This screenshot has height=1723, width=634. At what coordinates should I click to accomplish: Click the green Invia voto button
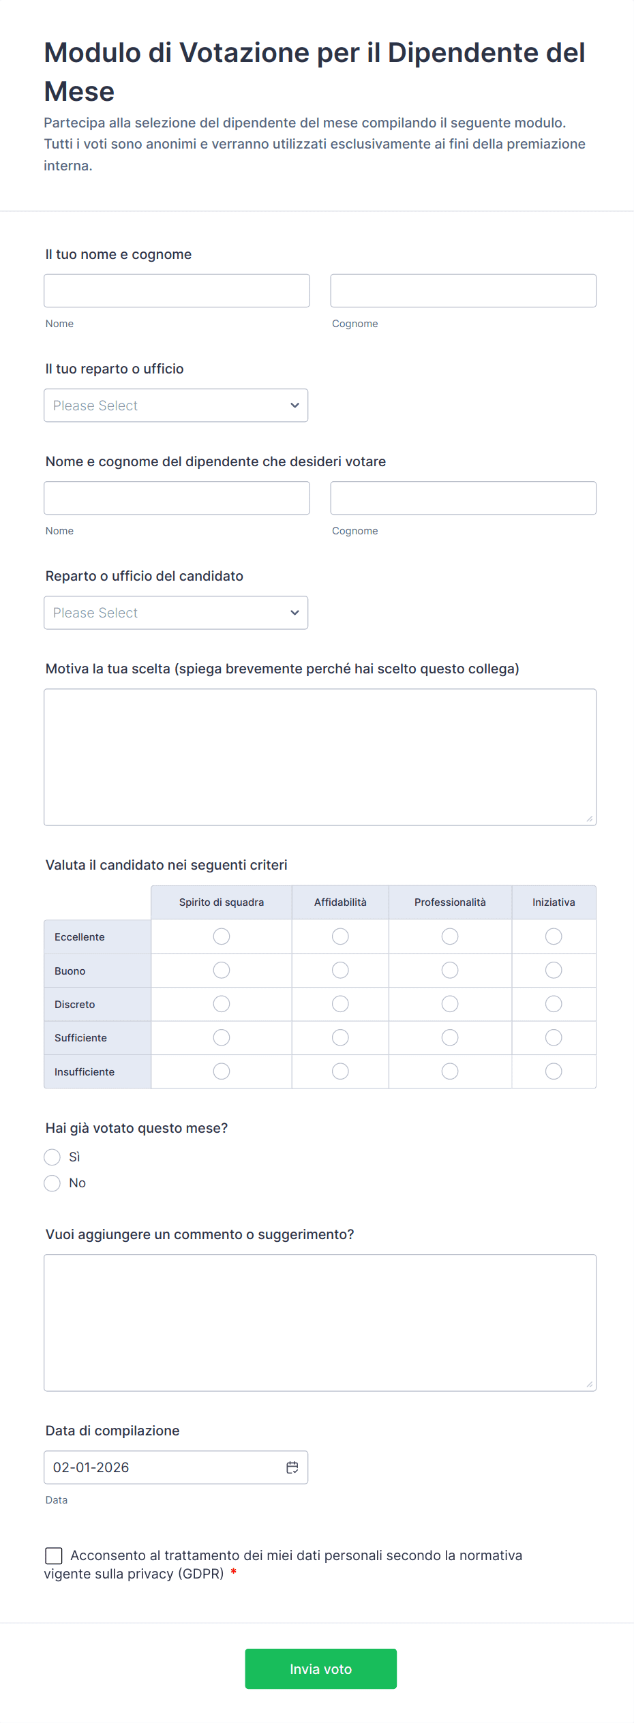(320, 1668)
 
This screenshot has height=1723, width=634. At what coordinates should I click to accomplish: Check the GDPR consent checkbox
(54, 1555)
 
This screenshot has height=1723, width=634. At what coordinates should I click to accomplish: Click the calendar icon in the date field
(292, 1467)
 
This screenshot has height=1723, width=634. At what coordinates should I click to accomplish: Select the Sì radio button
(52, 1157)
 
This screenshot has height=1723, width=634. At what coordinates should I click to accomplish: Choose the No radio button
(52, 1183)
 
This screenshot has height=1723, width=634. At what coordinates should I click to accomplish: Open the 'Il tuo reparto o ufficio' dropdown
(176, 406)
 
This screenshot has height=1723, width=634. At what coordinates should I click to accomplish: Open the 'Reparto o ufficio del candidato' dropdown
(176, 613)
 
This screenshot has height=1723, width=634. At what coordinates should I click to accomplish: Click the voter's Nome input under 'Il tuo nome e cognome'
(177, 291)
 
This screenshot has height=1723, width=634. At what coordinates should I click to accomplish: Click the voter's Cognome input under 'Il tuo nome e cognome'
(463, 291)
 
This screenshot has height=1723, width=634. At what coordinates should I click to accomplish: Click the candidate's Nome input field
(177, 498)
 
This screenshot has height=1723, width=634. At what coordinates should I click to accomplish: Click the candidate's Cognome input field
(463, 498)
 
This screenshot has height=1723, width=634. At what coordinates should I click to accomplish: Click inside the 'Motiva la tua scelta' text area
(320, 757)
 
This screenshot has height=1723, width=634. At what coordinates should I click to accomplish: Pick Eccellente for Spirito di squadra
(222, 936)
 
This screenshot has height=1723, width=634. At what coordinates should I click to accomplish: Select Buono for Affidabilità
(340, 970)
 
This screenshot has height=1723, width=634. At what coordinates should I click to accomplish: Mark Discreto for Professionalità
(450, 1004)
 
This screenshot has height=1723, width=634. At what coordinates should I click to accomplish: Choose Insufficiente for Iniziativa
(554, 1071)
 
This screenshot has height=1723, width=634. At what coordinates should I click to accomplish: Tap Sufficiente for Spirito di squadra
(222, 1037)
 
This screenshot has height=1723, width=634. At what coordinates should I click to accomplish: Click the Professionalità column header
(450, 902)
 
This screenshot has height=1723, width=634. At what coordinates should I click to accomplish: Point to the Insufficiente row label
(85, 1072)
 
